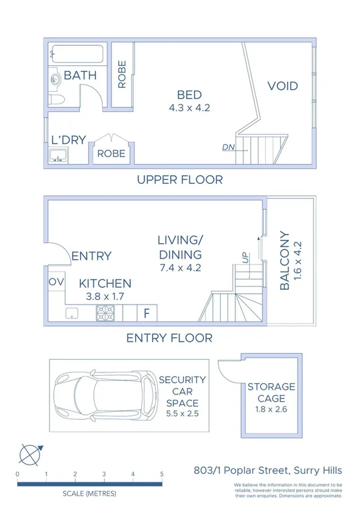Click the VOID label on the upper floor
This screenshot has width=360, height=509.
pos(283,87)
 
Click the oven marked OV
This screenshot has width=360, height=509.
pos(56,282)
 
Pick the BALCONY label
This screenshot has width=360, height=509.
pos(285,260)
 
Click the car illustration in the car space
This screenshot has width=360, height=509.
pos(107,398)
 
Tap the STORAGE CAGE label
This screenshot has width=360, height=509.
pos(271,392)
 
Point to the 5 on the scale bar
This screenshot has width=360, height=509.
pos(162,474)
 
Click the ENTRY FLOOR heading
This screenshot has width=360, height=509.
pos(169,338)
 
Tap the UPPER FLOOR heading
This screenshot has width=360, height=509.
pos(179,179)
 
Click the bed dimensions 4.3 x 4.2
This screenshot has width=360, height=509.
pos(189,107)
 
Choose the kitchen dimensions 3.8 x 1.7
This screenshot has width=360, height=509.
pos(105,296)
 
